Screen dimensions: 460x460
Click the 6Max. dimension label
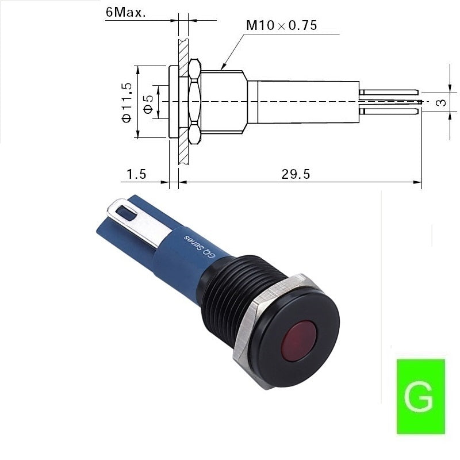pos(125,12)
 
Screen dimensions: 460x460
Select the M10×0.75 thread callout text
pos(282,25)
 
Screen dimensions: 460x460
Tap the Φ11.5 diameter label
pos(126,102)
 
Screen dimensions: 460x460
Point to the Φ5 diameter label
pos(149,105)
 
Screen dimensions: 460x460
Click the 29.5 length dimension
pos(296,174)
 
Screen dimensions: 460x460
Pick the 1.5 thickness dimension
pos(136,174)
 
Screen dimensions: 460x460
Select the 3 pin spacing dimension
pos(441,102)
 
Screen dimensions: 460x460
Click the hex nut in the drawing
pos(194,101)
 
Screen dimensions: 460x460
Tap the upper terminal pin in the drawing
pos(389,92)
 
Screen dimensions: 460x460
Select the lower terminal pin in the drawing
pos(389,111)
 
